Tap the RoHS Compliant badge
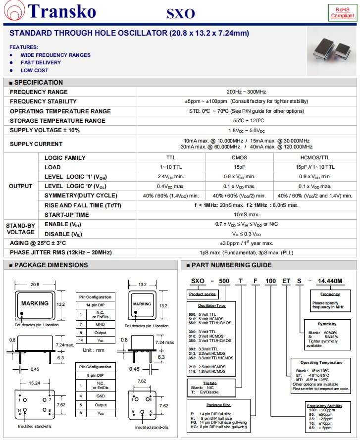[x=343, y=12]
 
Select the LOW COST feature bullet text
[x=34, y=70]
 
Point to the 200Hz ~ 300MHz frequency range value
[x=246, y=92]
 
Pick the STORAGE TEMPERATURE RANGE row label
[x=57, y=121]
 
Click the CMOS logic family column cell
[x=239, y=158]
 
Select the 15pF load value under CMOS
[x=239, y=167]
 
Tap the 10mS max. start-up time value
[x=246, y=214]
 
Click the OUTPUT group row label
[x=21, y=186]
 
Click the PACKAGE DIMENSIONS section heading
[x=51, y=265]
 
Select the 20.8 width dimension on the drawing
[x=35, y=285]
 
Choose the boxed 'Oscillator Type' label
[x=211, y=305]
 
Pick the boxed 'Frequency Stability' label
[x=324, y=406]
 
